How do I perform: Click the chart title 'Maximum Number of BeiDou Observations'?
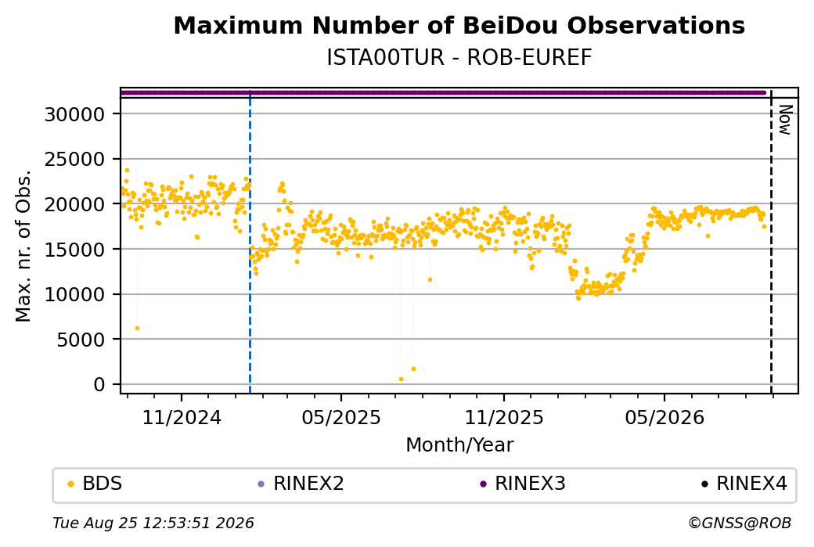click(x=459, y=25)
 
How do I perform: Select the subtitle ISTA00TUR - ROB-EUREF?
click(x=459, y=58)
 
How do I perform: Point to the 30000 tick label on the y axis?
click(x=75, y=114)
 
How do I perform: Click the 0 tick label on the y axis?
click(x=99, y=384)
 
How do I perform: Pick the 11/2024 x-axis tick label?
click(x=182, y=418)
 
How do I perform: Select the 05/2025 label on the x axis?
click(x=341, y=418)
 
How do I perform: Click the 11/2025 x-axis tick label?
click(x=503, y=418)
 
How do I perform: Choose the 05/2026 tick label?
click(x=665, y=418)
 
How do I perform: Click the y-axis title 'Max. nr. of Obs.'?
click(x=23, y=246)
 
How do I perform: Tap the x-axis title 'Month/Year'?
click(x=459, y=444)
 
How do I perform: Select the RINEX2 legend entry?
click(x=301, y=484)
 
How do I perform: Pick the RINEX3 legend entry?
click(x=523, y=484)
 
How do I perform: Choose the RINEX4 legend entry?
click(x=744, y=484)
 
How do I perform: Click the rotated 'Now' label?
click(x=786, y=120)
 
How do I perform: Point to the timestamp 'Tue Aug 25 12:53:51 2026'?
click(x=153, y=523)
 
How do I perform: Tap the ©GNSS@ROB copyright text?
click(x=740, y=523)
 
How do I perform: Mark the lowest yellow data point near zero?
click(x=401, y=380)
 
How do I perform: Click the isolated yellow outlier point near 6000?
click(x=137, y=329)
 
